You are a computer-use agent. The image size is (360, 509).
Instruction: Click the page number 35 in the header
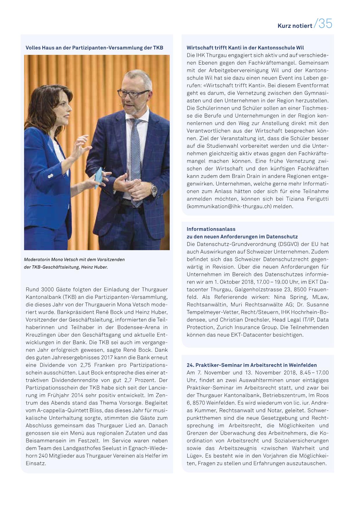[x=325, y=24]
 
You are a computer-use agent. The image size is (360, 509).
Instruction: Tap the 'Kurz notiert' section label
[x=295, y=26]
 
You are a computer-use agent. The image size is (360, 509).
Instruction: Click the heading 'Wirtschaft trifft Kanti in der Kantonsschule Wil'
[x=245, y=48]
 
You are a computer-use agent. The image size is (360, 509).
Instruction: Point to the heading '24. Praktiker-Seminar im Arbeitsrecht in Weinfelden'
[x=252, y=365]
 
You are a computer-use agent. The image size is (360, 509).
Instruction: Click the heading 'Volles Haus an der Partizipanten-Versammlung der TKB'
[x=94, y=48]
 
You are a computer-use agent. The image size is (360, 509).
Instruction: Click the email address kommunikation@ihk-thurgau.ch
[x=229, y=206]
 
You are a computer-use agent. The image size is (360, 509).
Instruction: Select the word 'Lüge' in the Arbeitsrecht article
[x=193, y=456]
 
